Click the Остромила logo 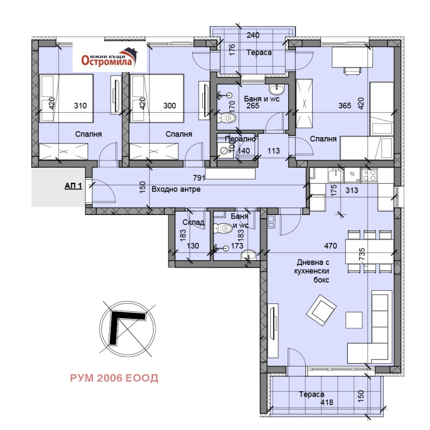(x=110, y=57)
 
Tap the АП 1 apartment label (x=73, y=186)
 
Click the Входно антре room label (x=176, y=189)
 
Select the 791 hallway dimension (x=199, y=178)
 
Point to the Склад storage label (x=193, y=223)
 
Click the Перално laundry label (x=240, y=139)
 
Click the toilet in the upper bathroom (x=226, y=118)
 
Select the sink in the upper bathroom (x=276, y=89)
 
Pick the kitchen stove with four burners (x=369, y=175)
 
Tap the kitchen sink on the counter (x=335, y=175)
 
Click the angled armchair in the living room (x=321, y=310)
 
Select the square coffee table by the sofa (x=354, y=320)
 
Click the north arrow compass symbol (x=127, y=328)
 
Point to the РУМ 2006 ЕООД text (x=114, y=378)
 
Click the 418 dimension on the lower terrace (x=327, y=402)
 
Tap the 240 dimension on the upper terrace (x=253, y=35)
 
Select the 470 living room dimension (x=331, y=246)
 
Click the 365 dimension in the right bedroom (x=345, y=105)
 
